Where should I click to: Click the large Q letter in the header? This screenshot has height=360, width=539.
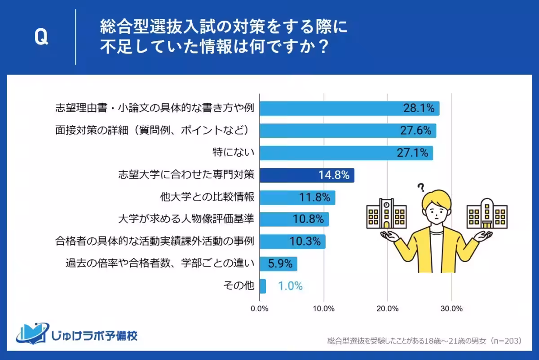pyautogui.click(x=41, y=38)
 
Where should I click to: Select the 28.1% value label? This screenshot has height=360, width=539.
pyautogui.click(x=417, y=108)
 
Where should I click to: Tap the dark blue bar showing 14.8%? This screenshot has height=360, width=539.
pyautogui.click(x=307, y=175)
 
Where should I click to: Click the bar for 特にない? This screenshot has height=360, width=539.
pyautogui.click(x=346, y=153)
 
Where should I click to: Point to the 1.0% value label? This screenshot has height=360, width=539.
pyautogui.click(x=290, y=286)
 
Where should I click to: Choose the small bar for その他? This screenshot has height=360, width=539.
pyautogui.click(x=263, y=286)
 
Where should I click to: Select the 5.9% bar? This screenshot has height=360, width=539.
pyautogui.click(x=278, y=263)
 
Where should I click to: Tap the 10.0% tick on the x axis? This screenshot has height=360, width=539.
pyautogui.click(x=323, y=308)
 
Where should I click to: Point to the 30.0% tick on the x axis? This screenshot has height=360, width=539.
pyautogui.click(x=451, y=308)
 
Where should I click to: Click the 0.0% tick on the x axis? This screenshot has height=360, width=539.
pyautogui.click(x=260, y=308)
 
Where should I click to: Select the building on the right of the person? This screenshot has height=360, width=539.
pyautogui.click(x=487, y=213)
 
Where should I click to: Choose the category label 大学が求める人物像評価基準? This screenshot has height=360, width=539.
pyautogui.click(x=186, y=219)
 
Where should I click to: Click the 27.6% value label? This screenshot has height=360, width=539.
pyautogui.click(x=415, y=131)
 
